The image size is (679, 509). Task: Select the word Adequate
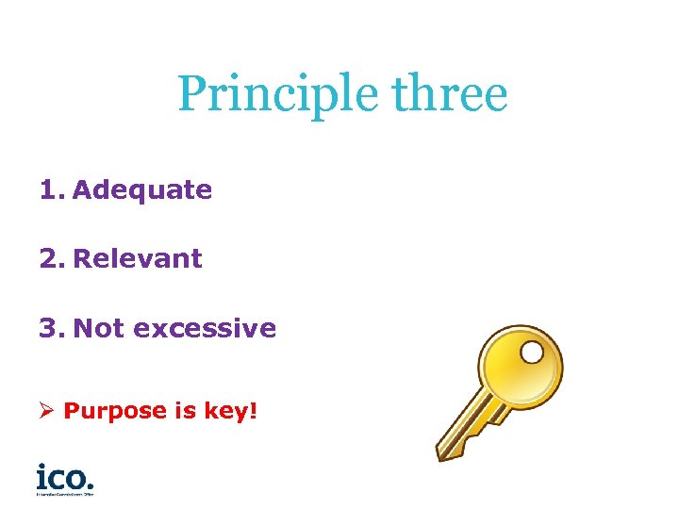[141, 189]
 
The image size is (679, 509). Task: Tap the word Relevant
[137, 258]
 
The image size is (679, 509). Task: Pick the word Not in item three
[99, 328]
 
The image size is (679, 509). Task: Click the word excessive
[205, 328]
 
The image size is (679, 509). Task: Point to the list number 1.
[48, 189]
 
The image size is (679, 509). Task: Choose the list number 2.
[49, 258]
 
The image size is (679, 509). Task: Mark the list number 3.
[49, 328]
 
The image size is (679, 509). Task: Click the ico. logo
[64, 475]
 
